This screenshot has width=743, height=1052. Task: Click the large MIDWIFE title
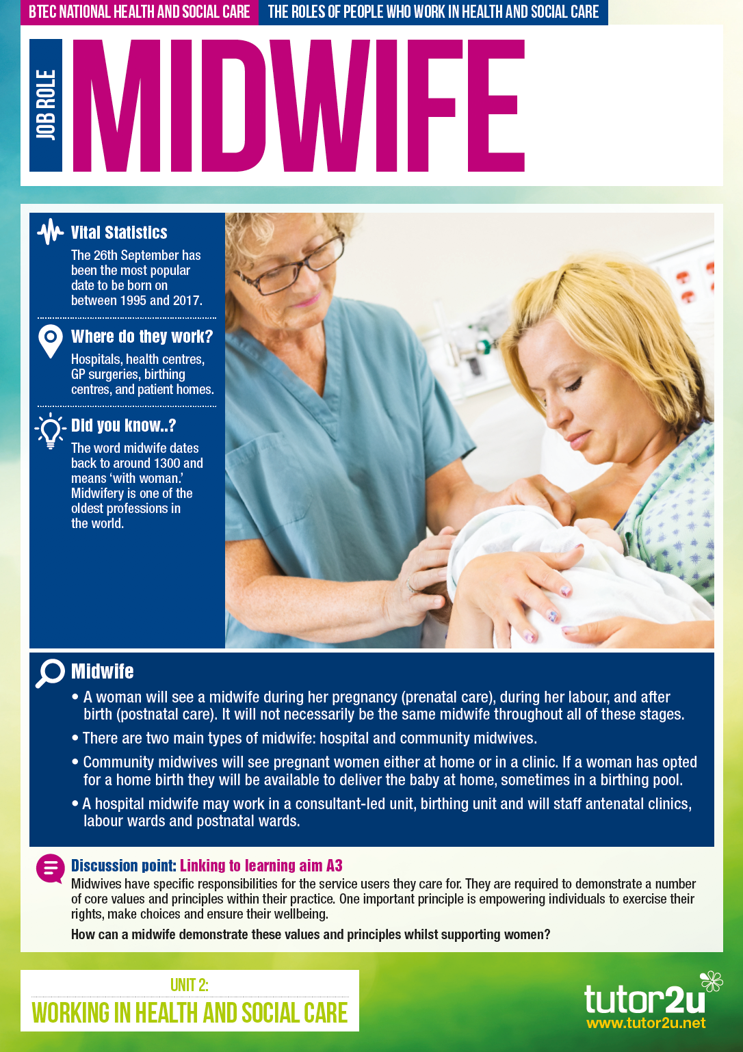[x=299, y=105]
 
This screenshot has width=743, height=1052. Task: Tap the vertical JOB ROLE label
[x=46, y=105]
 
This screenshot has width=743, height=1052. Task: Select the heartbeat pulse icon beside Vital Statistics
[x=50, y=231]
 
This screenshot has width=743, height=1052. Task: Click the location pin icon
[x=50, y=341]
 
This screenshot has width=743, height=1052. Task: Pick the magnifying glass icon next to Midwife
[x=50, y=673]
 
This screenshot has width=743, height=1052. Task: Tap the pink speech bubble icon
[x=50, y=869]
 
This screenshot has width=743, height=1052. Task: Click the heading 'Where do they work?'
[x=142, y=337]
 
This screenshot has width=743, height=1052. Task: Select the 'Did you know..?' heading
[x=124, y=425]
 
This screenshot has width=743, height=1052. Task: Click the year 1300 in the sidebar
[x=167, y=463]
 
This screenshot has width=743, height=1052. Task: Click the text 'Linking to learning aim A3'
[x=261, y=865]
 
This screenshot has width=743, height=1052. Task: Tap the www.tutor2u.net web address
[x=646, y=1023]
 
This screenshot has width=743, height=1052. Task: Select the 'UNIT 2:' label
[x=190, y=985]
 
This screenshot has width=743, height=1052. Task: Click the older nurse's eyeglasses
[x=291, y=265]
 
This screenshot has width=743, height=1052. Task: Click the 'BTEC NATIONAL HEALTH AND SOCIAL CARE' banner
[x=139, y=12]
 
